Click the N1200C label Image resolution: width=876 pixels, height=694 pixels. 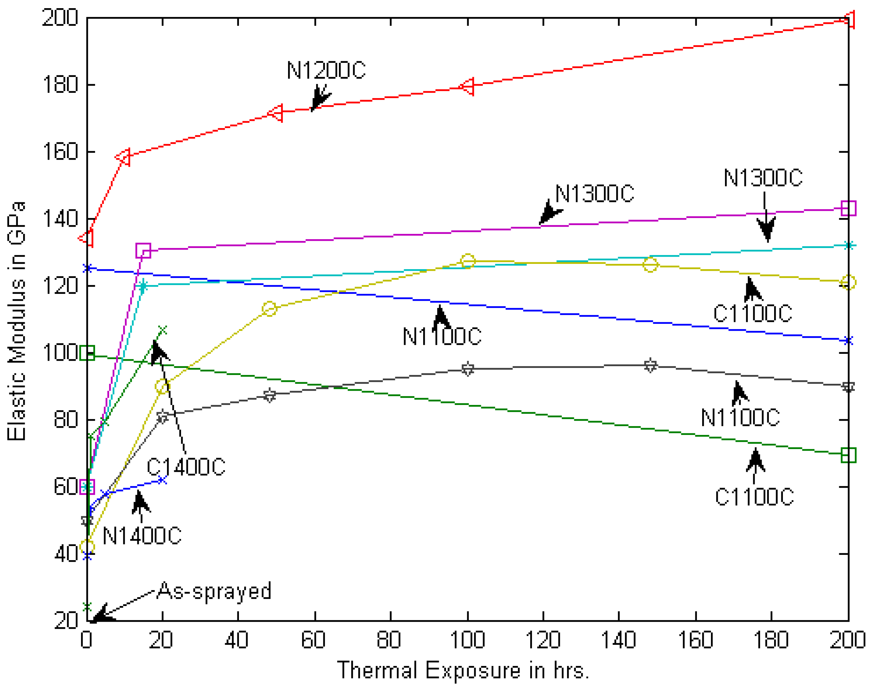tap(326, 70)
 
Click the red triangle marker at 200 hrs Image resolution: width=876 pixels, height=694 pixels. tap(850, 20)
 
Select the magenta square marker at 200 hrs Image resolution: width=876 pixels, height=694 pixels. tap(848, 208)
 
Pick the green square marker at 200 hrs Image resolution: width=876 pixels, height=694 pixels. tap(848, 455)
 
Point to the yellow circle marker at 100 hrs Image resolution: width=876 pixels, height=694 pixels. tap(468, 261)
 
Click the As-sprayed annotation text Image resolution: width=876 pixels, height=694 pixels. tap(214, 591)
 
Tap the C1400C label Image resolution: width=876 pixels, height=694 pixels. tap(186, 467)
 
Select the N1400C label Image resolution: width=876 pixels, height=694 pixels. tap(142, 536)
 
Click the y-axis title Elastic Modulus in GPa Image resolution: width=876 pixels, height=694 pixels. tap(16, 321)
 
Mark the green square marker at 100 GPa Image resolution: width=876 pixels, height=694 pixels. tap(87, 353)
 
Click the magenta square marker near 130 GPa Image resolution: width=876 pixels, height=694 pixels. tap(143, 251)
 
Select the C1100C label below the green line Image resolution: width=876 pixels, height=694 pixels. tap(754, 497)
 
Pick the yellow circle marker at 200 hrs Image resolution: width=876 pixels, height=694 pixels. tap(848, 282)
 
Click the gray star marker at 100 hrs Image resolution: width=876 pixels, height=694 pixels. tap(468, 369)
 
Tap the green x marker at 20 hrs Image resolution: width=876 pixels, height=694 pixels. tap(162, 330)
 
